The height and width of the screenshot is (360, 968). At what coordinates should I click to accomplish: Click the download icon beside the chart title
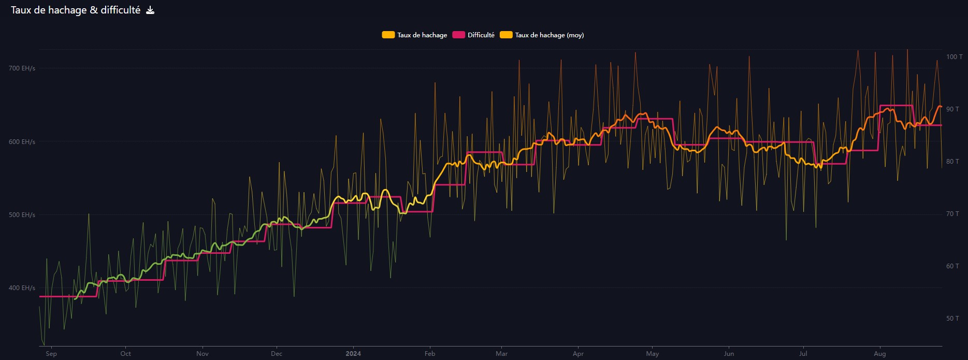click(150, 10)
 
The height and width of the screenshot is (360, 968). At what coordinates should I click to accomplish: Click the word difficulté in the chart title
click(120, 10)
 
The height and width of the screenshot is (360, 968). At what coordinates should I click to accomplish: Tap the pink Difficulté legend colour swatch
click(459, 35)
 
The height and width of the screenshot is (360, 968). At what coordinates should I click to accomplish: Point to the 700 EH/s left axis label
click(22, 68)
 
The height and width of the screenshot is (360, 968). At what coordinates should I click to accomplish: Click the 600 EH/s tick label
click(22, 142)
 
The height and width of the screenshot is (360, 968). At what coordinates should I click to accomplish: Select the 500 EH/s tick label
click(22, 215)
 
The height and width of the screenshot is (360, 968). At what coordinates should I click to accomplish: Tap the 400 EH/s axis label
click(22, 288)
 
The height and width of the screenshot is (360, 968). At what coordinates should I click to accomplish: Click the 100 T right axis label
click(954, 57)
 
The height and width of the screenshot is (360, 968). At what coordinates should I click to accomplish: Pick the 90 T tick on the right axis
click(952, 109)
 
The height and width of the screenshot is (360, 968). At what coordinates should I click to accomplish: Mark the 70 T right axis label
click(952, 214)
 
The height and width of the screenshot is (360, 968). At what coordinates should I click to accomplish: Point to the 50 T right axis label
click(952, 319)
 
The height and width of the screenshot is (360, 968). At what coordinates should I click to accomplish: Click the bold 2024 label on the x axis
click(353, 354)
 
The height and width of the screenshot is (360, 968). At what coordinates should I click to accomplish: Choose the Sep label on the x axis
click(51, 354)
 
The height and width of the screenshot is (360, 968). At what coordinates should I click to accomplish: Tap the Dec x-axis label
click(277, 354)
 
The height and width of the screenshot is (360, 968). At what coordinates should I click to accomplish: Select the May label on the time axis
click(653, 354)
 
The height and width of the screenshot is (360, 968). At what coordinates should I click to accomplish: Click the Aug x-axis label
click(879, 354)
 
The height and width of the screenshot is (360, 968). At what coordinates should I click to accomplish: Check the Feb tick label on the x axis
click(430, 354)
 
